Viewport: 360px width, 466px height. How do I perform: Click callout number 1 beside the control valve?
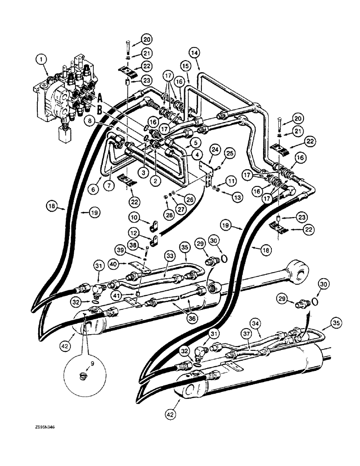point(42,59)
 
